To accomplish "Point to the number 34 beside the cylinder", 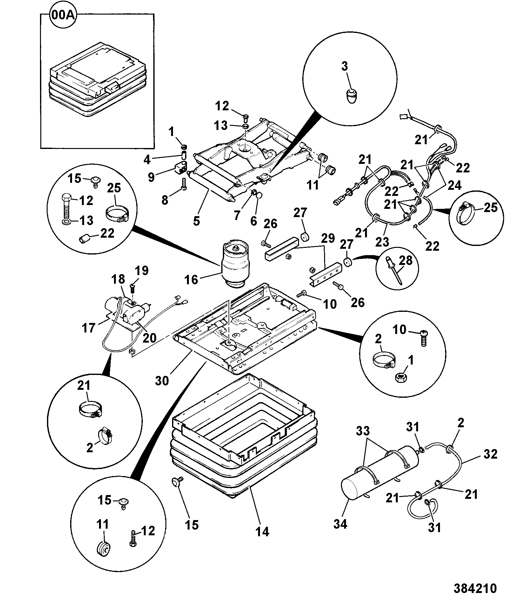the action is [x=340, y=524].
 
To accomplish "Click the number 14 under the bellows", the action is [x=263, y=531].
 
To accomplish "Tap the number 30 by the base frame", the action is [x=162, y=381].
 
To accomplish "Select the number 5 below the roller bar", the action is [x=196, y=221].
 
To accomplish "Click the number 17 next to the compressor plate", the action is [x=89, y=328].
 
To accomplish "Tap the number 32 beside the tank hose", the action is [x=490, y=454].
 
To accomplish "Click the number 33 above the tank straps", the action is [x=363, y=431].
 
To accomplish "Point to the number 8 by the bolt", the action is [x=165, y=200].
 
